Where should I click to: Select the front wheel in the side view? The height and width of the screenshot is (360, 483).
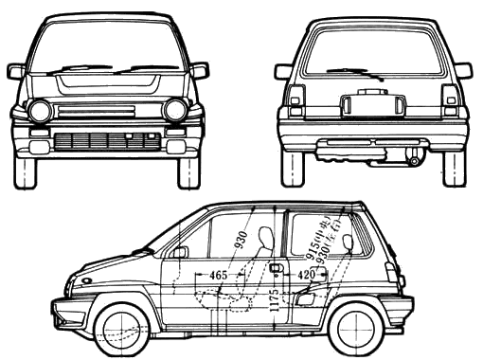(x=121, y=328)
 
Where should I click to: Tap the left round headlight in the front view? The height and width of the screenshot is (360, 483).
(x=41, y=111)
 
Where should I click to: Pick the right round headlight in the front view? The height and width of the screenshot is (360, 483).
(x=174, y=110)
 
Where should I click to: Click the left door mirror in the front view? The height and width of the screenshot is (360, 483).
(x=16, y=71)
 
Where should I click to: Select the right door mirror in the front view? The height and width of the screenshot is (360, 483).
(x=200, y=70)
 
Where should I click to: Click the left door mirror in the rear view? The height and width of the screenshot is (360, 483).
(x=283, y=71)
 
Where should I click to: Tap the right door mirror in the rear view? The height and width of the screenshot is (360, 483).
(x=462, y=70)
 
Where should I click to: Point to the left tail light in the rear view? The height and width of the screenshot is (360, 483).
(x=295, y=99)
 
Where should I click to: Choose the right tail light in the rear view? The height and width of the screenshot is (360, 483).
(x=451, y=99)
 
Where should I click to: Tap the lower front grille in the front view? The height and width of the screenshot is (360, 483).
(x=106, y=142)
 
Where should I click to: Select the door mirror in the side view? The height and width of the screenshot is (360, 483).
(x=179, y=251)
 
